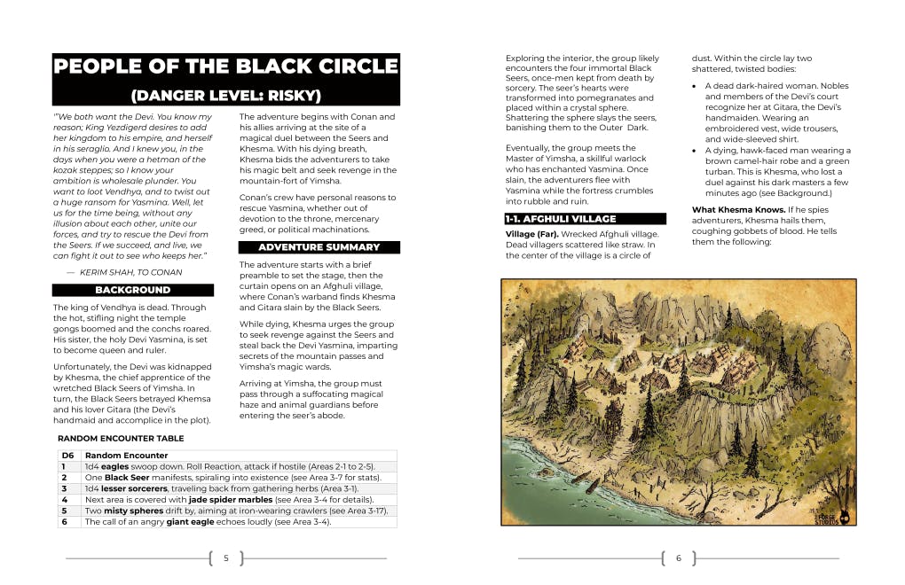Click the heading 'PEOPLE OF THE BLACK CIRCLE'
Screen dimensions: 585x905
pyautogui.click(x=226, y=66)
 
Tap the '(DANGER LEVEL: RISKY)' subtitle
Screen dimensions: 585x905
pyautogui.click(x=226, y=95)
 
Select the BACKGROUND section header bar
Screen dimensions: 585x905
pyautogui.click(x=133, y=290)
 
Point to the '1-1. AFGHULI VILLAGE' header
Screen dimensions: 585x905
pyautogui.click(x=585, y=218)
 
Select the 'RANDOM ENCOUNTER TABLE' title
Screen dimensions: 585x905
pyautogui.click(x=121, y=438)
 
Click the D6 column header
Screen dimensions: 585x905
pyautogui.click(x=67, y=456)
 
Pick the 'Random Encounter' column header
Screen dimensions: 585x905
pyautogui.click(x=126, y=456)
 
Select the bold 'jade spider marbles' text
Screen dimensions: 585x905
pyautogui.click(x=227, y=500)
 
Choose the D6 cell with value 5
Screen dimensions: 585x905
pyautogui.click(x=64, y=511)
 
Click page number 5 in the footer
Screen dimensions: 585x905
pyautogui.click(x=226, y=558)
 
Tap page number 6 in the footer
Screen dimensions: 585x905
pyautogui.click(x=678, y=558)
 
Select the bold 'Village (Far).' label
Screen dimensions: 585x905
pyautogui.click(x=535, y=234)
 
